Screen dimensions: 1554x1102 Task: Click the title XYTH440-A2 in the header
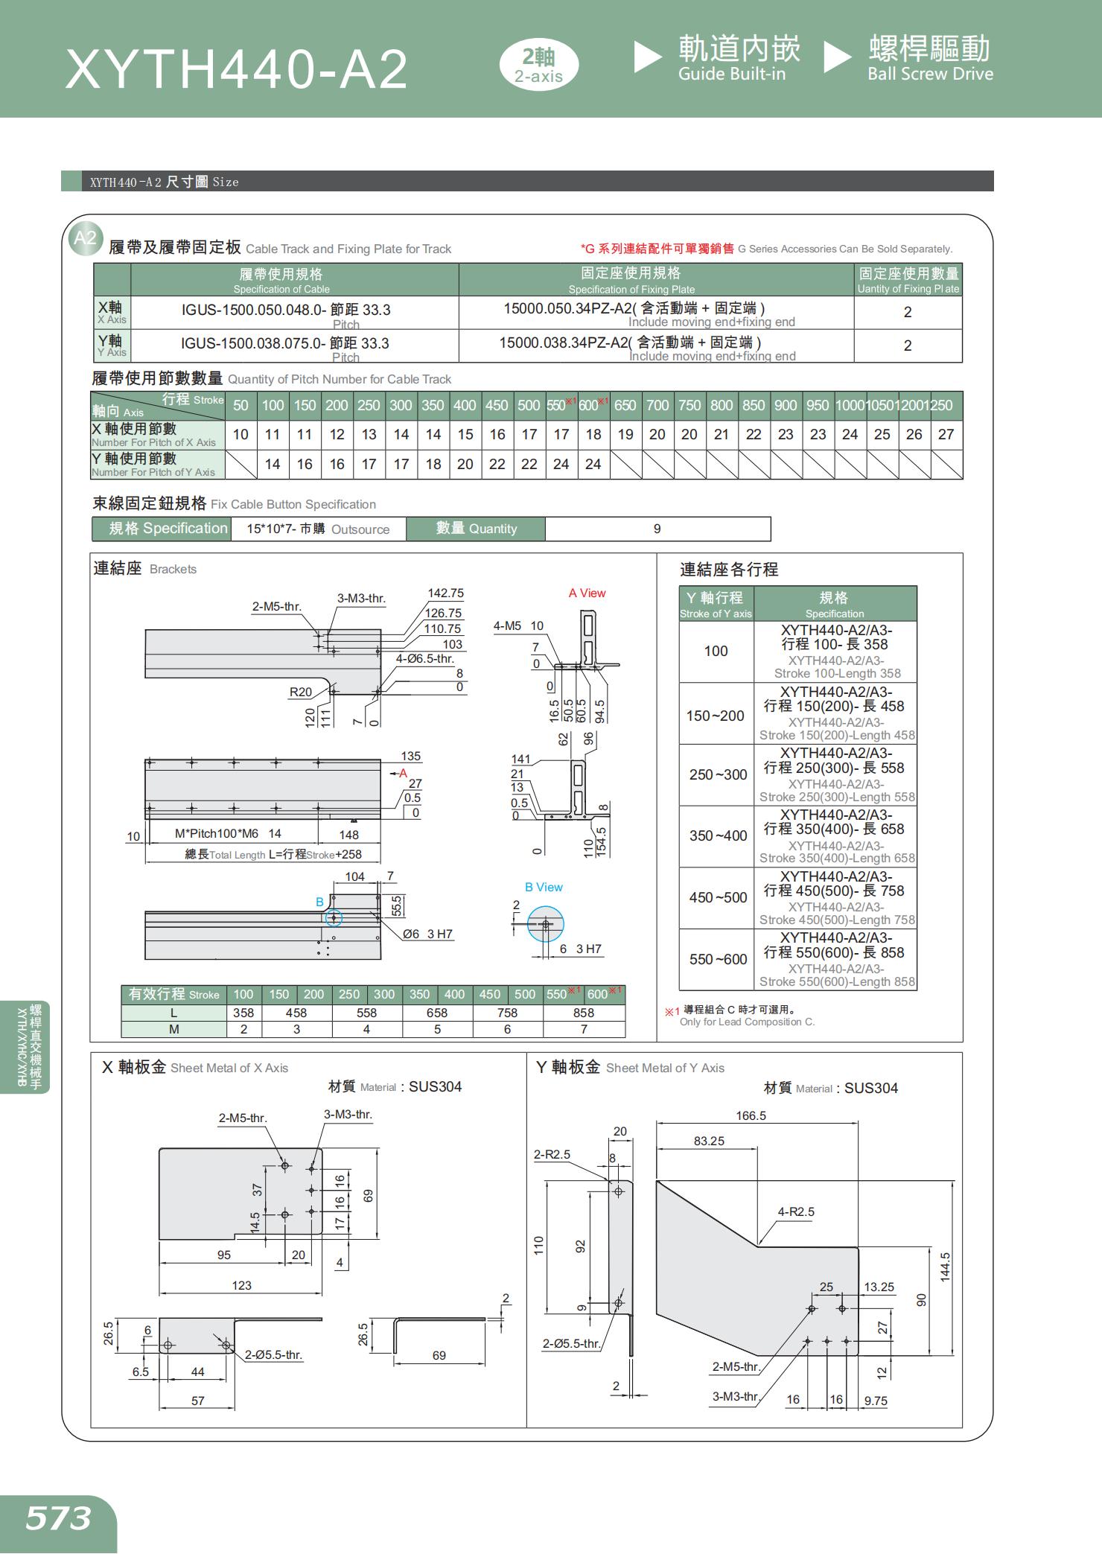237,70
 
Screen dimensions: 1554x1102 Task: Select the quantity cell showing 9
657,529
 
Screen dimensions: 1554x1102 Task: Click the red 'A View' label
587,593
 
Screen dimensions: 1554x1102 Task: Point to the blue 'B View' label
544,887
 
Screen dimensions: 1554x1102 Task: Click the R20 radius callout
300,692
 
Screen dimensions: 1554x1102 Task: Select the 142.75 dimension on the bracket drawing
445,593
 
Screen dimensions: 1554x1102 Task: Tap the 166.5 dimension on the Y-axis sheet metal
751,1115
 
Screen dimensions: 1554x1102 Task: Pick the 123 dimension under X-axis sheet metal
241,1285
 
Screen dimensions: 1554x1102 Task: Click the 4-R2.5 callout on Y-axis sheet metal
796,1211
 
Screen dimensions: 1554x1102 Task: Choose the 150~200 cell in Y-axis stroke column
715,716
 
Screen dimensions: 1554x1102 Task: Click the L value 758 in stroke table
507,1013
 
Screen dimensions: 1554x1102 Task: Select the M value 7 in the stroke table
584,1029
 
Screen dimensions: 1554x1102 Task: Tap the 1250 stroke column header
942,406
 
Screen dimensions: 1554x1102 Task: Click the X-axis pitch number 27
946,434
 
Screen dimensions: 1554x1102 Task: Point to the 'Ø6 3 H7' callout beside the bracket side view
427,934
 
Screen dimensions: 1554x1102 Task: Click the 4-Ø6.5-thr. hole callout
424,659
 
